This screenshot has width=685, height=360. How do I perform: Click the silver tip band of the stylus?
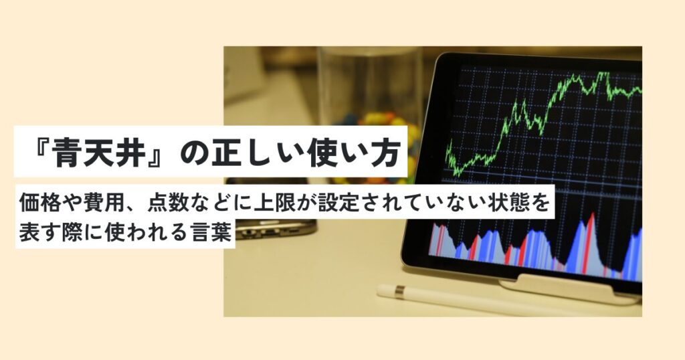click(399, 291)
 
